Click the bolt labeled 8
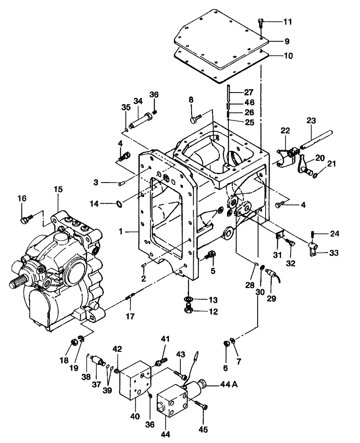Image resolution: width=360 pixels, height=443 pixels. (x=195, y=119)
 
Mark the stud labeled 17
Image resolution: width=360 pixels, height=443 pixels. (x=129, y=297)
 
